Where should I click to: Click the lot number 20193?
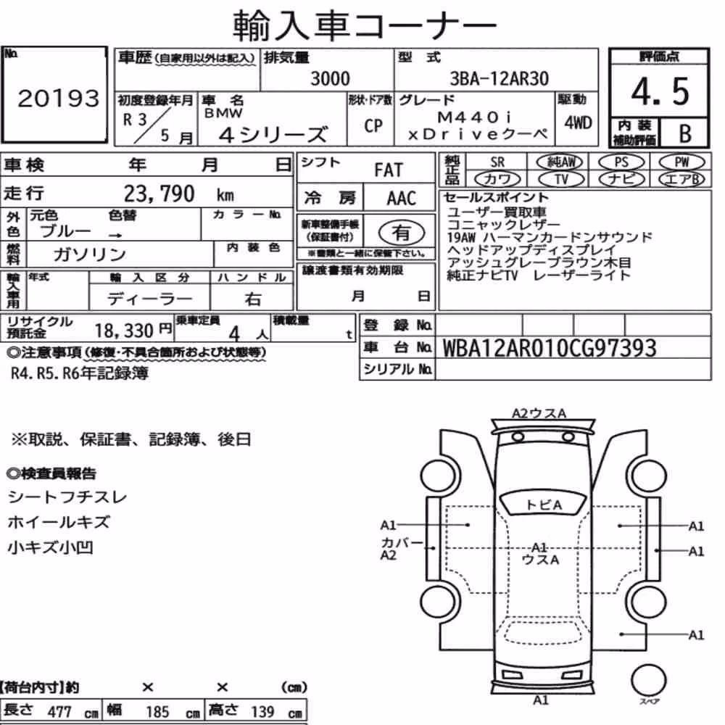point(58,98)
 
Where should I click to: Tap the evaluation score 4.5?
point(660,91)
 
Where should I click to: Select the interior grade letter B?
point(685,133)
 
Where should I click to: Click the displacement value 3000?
point(330,78)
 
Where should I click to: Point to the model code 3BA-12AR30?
point(500,78)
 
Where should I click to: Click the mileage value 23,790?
point(159,194)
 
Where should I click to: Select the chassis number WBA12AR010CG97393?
point(550,348)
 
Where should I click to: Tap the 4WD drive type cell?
point(578,123)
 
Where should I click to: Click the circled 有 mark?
point(402,232)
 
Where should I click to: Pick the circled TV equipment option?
point(561,179)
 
